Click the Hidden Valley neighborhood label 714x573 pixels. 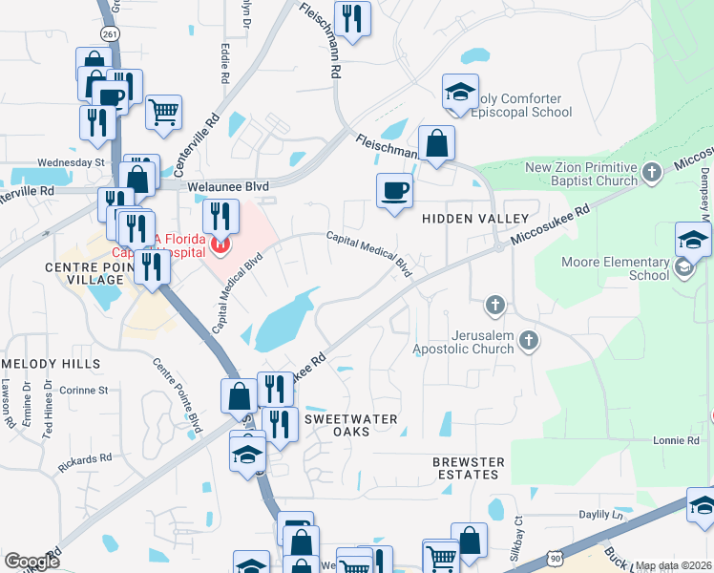tap(475, 219)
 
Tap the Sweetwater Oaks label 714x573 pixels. tap(349, 426)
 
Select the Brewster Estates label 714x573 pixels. tap(468, 468)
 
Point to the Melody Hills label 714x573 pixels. tap(52, 364)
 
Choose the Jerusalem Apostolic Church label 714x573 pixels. tap(463, 343)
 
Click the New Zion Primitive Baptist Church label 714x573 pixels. tap(580, 175)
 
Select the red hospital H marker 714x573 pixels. tap(221, 245)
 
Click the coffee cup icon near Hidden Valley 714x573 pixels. tap(394, 191)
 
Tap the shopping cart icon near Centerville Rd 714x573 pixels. tap(164, 112)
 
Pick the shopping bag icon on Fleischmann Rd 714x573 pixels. tap(436, 143)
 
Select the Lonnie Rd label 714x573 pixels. tap(676, 440)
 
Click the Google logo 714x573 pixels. tap(31, 562)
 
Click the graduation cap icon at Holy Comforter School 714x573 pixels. tap(460, 93)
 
